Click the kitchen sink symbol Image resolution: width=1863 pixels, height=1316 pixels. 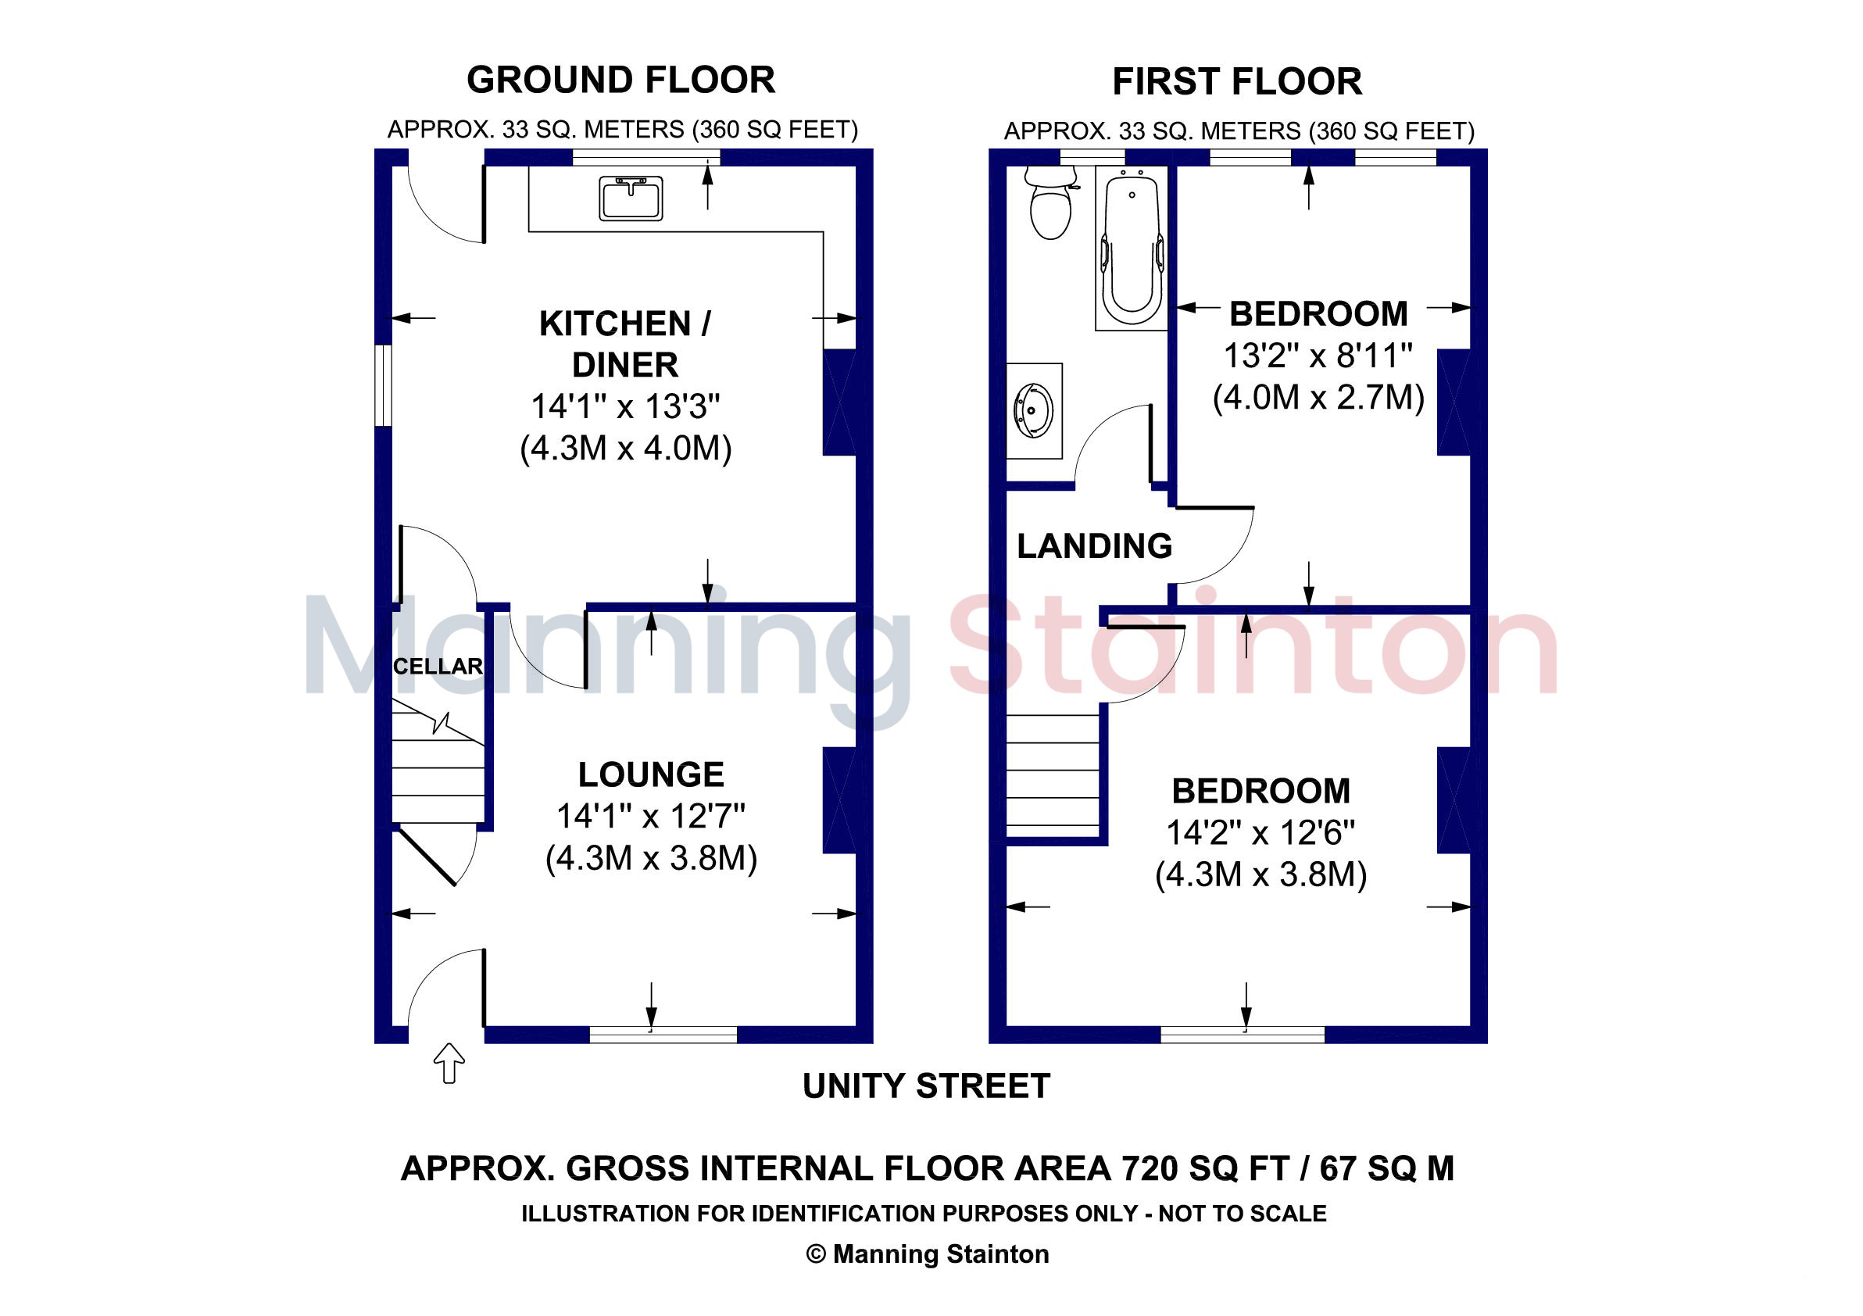tap(631, 198)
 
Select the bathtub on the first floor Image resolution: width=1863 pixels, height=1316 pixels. tap(1131, 249)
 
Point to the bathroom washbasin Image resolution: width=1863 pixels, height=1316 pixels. tap(1035, 410)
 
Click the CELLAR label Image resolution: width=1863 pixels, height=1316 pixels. tap(438, 666)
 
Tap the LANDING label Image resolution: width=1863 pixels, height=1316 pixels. tap(1095, 546)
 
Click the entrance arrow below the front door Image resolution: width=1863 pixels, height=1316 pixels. tap(449, 1063)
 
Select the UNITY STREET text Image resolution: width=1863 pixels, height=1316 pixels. tap(926, 1085)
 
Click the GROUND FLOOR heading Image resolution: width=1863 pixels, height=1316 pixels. tap(620, 80)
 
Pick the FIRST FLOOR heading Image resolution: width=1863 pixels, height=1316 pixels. tap(1236, 81)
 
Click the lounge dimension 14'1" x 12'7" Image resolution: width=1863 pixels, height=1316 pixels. tap(651, 816)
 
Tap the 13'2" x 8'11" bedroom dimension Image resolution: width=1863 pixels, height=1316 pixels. tap(1318, 356)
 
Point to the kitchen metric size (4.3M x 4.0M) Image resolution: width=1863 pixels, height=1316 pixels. tap(626, 448)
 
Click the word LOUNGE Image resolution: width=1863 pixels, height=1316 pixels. tap(651, 774)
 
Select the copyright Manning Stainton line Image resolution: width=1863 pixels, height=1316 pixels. tap(928, 1253)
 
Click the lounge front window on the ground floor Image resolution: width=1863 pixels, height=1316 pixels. tap(663, 1035)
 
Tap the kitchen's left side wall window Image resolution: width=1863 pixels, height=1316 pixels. tap(383, 385)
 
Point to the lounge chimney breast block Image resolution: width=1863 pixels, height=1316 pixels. tap(840, 800)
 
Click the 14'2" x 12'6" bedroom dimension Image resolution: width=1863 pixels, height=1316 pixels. tap(1260, 832)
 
